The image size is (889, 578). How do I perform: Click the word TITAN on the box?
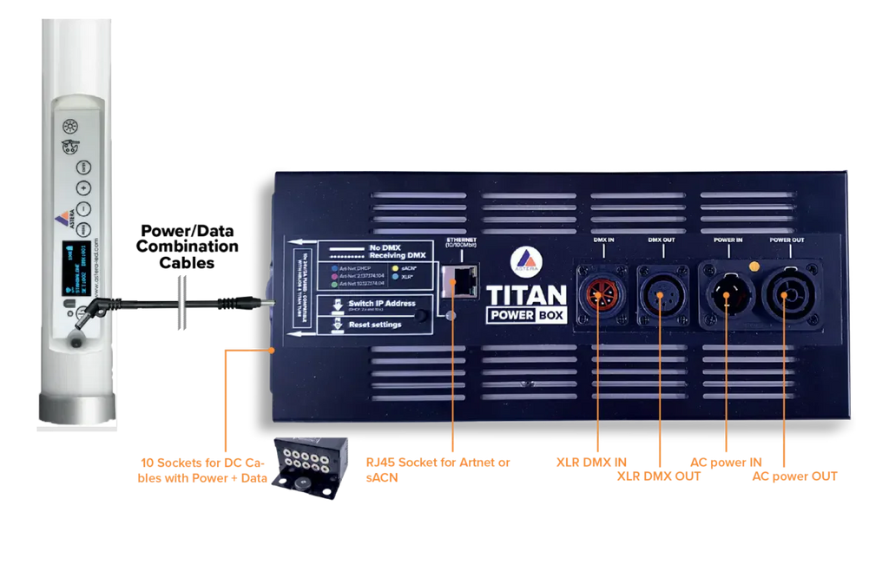(526, 294)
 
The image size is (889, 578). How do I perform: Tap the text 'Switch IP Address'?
(382, 304)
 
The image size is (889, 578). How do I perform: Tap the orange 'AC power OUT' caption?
(796, 476)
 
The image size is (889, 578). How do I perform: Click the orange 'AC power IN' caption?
(726, 462)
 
